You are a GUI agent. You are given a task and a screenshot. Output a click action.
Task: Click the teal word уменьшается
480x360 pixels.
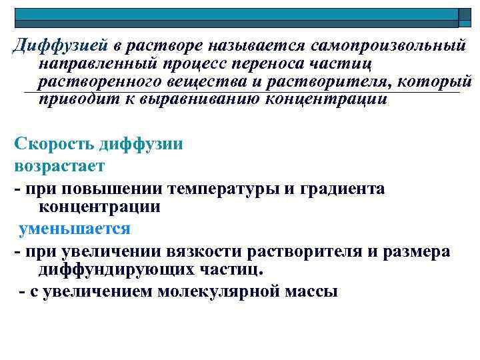[x=75, y=229]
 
